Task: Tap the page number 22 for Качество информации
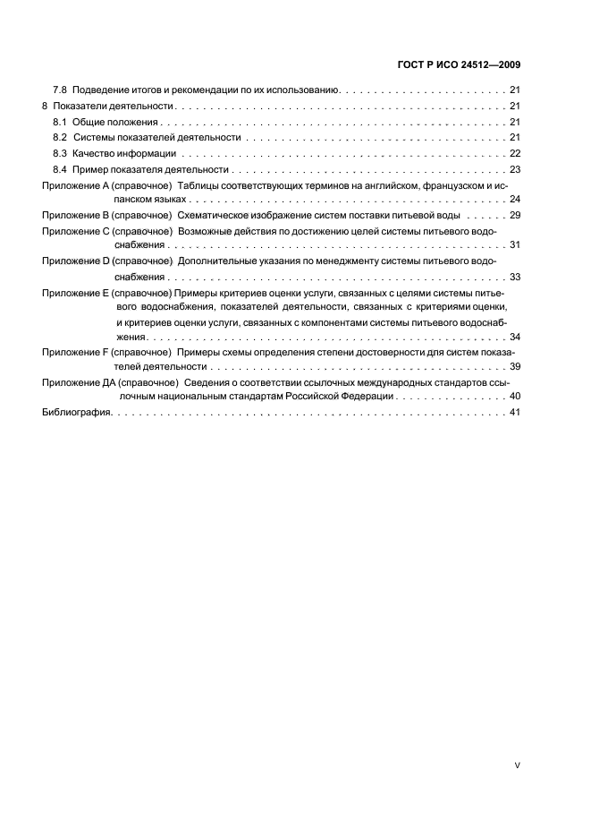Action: [515, 153]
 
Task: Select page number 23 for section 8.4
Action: [515, 169]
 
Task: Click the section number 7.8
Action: [60, 90]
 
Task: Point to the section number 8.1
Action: [60, 121]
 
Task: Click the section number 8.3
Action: [60, 153]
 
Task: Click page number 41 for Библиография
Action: [515, 413]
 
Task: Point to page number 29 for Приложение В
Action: [515, 215]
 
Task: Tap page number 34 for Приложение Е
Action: [515, 338]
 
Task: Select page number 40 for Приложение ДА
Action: [515, 397]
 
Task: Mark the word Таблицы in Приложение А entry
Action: [200, 184]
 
